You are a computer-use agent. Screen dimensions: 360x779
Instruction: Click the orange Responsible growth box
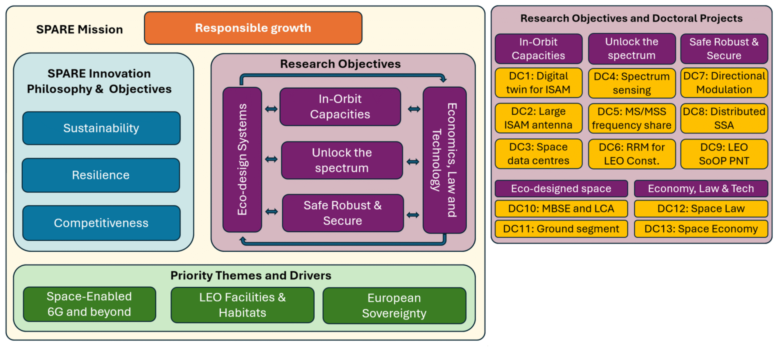pos(253,28)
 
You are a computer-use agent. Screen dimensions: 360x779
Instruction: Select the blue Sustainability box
pos(101,128)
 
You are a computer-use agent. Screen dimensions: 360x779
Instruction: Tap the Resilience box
pos(101,175)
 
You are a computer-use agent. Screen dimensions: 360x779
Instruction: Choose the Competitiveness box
pos(101,223)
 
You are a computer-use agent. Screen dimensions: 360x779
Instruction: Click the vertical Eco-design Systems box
pos(242,159)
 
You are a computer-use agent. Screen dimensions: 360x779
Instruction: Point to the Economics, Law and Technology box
pos(444,160)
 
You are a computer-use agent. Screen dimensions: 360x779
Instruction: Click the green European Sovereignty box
pos(394,305)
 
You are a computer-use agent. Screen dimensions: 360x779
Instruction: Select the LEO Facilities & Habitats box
pos(242,305)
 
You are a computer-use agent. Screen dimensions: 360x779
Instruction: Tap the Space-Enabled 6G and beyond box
pos(89,304)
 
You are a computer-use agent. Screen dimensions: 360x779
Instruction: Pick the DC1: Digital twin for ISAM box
pos(538,82)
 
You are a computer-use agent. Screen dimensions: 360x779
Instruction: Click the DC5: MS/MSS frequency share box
pos(632,118)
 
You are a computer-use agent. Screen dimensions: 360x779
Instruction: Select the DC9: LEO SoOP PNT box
pos(724,154)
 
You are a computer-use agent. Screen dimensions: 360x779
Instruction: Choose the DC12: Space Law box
pos(701,208)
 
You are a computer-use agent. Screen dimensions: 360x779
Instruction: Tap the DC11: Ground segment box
pos(561,229)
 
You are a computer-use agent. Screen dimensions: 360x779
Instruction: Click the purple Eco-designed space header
pos(561,189)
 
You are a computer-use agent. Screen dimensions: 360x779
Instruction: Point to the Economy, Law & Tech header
pos(701,189)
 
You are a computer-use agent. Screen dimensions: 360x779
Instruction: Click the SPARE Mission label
pos(79,30)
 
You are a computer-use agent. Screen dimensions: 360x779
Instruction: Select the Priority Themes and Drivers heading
pos(250,275)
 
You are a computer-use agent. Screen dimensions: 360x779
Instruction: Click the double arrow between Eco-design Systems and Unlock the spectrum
pos(271,159)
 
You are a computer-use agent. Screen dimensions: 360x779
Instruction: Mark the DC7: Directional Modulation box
pos(724,82)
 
